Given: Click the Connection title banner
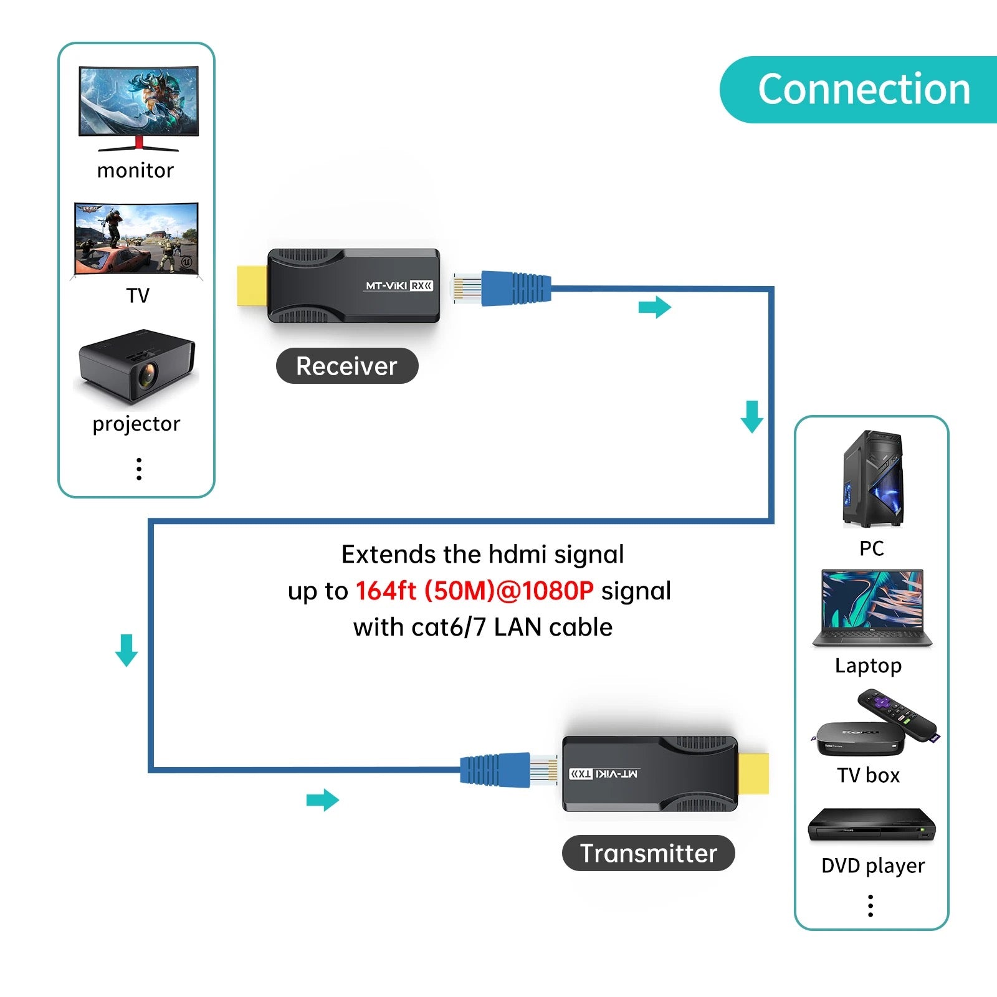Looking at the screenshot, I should [x=863, y=89].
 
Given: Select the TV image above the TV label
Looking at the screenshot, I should [x=136, y=239].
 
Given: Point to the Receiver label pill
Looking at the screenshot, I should [x=346, y=366].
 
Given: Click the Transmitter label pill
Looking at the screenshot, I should [x=648, y=853].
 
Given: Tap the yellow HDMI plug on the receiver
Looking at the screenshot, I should [x=252, y=285].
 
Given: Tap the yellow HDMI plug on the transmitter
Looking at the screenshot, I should [x=753, y=773].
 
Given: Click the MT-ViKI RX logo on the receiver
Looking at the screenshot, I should [x=399, y=286].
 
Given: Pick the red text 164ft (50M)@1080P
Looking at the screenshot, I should [x=474, y=591].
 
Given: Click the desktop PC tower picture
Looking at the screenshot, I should [x=872, y=479].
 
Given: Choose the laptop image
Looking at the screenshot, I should [x=872, y=608].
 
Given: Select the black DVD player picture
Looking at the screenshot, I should [x=871, y=826].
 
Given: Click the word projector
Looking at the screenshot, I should [x=136, y=424].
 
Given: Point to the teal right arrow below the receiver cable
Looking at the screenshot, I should [x=654, y=307].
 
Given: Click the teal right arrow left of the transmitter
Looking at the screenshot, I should [x=322, y=800].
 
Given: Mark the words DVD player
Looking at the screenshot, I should [x=872, y=866].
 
